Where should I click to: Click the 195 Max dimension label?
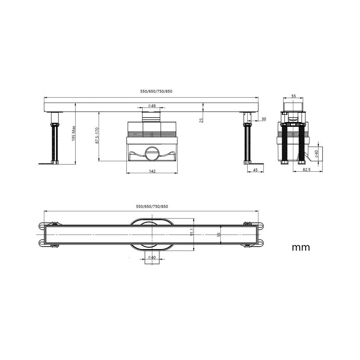click(x=74, y=134)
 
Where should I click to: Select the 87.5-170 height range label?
click(x=97, y=136)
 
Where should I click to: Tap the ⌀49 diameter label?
click(x=152, y=105)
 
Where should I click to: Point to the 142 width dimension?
click(x=152, y=171)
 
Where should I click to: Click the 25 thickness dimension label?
click(x=201, y=120)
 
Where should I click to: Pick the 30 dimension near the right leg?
click(x=264, y=119)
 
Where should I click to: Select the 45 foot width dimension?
click(x=255, y=170)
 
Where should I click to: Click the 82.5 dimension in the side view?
click(x=307, y=170)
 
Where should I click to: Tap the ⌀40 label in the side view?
click(x=316, y=154)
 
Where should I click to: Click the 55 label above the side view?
click(x=294, y=96)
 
